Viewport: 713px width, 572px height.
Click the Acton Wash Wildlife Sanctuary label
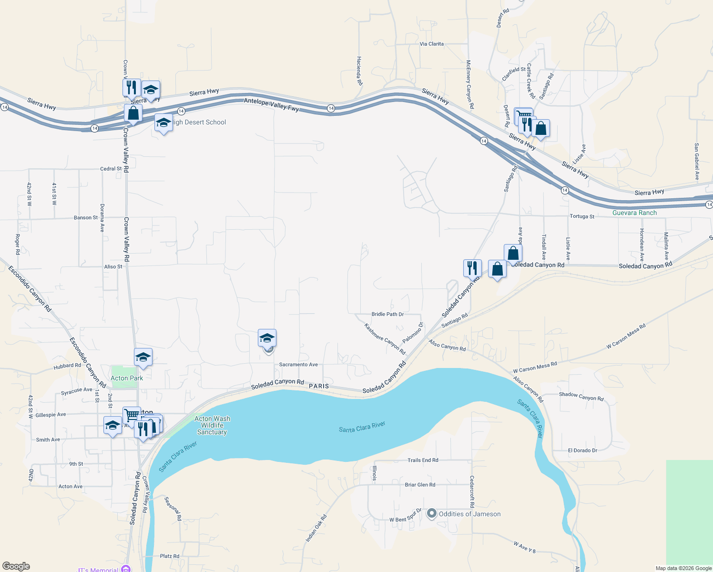point(212,425)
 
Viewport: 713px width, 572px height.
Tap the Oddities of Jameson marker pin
point(432,514)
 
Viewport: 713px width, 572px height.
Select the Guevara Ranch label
point(634,213)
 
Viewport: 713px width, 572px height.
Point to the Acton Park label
point(127,378)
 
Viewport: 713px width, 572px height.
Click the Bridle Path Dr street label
point(387,314)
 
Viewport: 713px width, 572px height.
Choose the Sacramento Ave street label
point(298,365)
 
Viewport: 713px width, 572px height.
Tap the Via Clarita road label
point(431,44)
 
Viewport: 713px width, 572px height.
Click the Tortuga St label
point(582,216)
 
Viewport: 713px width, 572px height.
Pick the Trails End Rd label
point(423,460)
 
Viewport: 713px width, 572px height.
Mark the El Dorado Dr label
point(582,450)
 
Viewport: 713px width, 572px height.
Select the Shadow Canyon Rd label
point(581,396)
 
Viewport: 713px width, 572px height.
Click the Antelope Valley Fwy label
point(271,105)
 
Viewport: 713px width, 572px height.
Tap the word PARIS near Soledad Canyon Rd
point(319,386)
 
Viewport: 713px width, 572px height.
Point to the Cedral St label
point(111,169)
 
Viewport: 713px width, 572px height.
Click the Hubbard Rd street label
point(67,366)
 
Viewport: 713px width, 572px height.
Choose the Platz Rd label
point(170,556)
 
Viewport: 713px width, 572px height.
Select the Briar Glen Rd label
point(420,485)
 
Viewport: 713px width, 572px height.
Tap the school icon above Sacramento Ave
point(267,338)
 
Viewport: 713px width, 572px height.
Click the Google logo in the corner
point(16,566)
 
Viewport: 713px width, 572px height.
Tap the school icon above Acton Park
point(143,357)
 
